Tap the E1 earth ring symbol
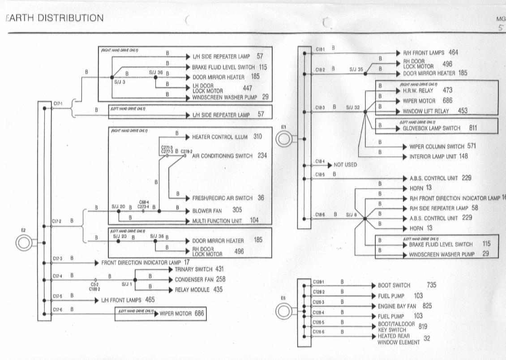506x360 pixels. click(283, 140)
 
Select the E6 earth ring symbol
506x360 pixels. click(283, 310)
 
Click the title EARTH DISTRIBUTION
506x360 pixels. click(54, 18)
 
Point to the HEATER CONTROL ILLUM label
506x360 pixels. click(220, 137)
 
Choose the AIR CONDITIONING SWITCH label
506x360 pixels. click(223, 156)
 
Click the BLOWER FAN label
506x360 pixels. click(207, 210)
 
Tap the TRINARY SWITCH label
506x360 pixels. click(193, 270)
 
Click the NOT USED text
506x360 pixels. click(345, 165)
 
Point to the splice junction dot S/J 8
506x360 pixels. click(365, 219)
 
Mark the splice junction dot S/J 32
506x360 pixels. click(365, 112)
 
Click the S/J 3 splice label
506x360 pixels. click(119, 82)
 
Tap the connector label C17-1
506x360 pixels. click(58, 103)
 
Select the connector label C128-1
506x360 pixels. click(318, 282)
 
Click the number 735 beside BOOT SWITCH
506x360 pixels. click(431, 285)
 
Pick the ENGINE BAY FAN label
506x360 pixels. click(397, 306)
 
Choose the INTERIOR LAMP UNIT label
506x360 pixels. click(432, 157)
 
